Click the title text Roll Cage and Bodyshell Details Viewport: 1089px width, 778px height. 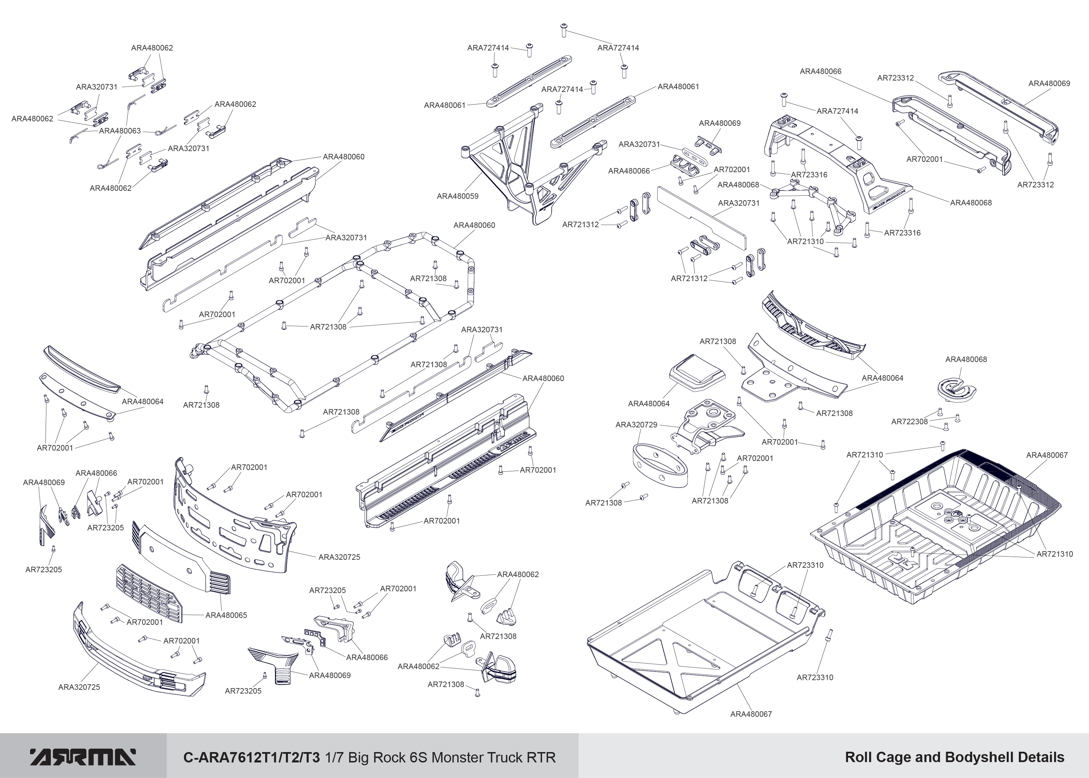(955, 757)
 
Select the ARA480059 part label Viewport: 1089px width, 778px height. (457, 196)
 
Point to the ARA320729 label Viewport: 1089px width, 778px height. (636, 425)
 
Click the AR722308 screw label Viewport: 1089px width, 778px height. (909, 422)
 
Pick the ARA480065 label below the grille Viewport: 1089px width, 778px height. (226, 615)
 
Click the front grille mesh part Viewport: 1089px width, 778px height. (148, 594)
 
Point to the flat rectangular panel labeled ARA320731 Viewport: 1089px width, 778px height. (701, 218)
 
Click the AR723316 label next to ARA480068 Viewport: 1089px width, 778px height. (809, 174)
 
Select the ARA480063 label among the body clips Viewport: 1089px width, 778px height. (120, 131)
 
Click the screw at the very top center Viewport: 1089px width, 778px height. (564, 30)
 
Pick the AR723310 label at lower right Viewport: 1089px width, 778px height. (815, 677)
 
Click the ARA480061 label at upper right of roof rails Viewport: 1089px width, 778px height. (678, 87)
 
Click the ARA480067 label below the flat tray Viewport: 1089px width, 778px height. (751, 714)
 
